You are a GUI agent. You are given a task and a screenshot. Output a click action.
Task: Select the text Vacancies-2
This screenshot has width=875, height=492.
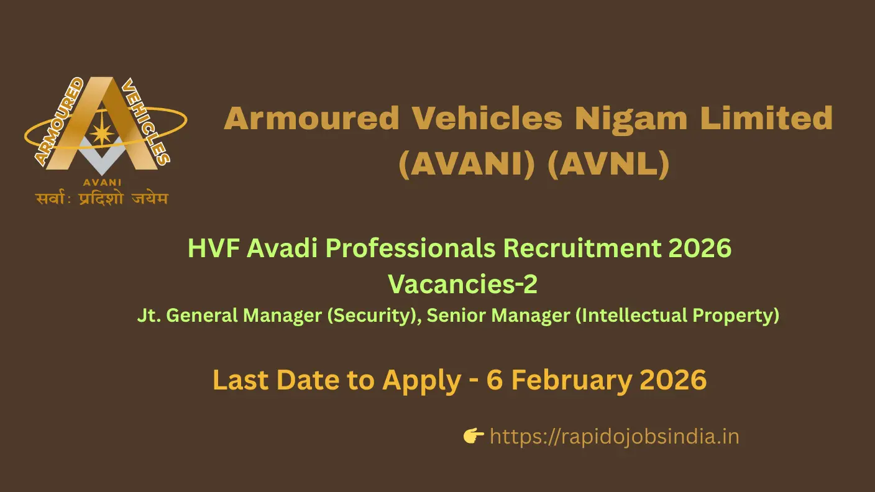[462, 284]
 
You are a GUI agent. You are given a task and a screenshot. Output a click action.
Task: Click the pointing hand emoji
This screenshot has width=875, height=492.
[474, 437]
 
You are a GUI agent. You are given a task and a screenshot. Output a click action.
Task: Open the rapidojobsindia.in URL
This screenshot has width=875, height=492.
[614, 437]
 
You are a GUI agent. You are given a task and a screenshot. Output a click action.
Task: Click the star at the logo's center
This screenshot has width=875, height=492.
[101, 134]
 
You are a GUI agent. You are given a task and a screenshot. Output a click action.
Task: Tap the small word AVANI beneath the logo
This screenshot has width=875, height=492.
[102, 183]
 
